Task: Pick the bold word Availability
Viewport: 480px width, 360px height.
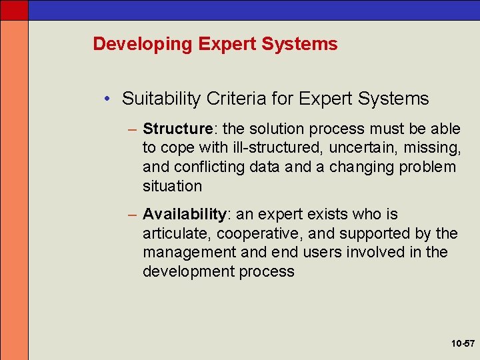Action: [185, 215]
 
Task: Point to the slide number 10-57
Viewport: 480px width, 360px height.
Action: [461, 343]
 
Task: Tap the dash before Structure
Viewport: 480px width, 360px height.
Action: [134, 129]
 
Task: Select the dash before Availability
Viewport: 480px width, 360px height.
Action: [134, 215]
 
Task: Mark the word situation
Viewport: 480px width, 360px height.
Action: [172, 186]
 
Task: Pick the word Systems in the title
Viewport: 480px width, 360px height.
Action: [301, 45]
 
